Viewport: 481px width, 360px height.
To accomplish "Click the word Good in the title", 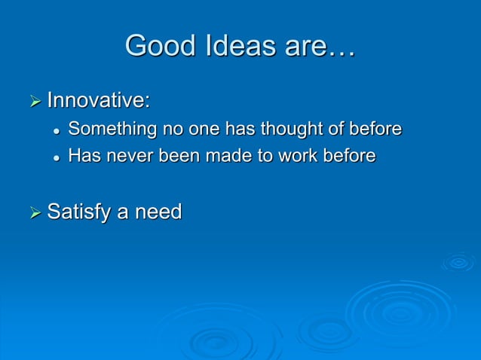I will tap(156, 46).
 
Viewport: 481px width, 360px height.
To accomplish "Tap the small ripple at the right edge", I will tap(458, 262).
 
